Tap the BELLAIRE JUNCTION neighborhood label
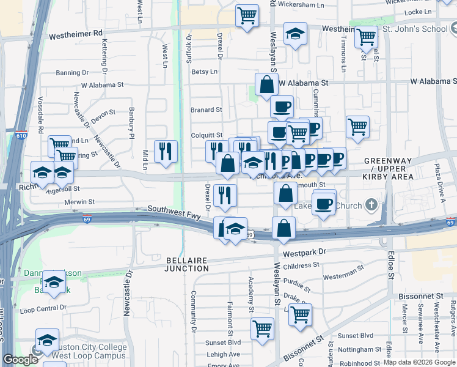(x=187, y=264)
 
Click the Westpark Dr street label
(x=305, y=251)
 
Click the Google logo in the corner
(x=20, y=360)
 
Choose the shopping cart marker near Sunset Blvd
(x=263, y=328)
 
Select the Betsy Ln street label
(x=205, y=72)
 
